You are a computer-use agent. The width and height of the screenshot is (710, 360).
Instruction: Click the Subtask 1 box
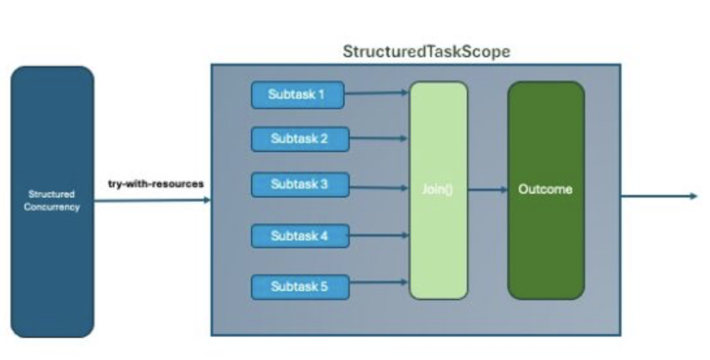coord(298,95)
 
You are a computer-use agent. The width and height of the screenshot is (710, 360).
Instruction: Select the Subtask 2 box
coord(300,139)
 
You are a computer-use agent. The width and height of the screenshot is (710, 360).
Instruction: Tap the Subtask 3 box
coord(300,185)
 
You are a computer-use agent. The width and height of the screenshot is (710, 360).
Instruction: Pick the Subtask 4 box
coord(300,236)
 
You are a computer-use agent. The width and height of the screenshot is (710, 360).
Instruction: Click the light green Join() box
coord(438,190)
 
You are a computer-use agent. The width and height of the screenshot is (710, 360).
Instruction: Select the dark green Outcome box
coord(546,190)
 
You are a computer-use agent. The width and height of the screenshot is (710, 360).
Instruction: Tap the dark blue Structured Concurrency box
coord(52,201)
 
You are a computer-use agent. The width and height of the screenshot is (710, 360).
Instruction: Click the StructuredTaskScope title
coord(426,51)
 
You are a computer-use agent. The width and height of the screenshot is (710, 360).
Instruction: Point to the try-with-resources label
coord(156,184)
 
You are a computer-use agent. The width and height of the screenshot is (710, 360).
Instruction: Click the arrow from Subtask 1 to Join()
coord(376,94)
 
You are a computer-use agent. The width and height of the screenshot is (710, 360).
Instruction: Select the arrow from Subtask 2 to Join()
coord(379,138)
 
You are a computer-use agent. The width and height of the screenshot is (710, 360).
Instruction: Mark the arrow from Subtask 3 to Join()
coord(379,187)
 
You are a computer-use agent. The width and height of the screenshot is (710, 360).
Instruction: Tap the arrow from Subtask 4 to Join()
coord(379,235)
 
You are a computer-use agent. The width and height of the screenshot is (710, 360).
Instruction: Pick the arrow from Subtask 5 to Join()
coord(379,282)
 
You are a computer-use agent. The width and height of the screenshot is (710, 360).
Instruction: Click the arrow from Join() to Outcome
coord(488,190)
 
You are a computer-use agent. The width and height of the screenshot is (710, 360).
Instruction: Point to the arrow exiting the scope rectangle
coord(659,196)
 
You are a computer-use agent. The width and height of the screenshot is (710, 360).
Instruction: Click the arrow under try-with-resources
coord(153,200)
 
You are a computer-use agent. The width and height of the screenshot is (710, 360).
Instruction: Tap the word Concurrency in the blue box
coord(52,207)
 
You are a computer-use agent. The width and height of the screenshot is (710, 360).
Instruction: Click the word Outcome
coord(545,189)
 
